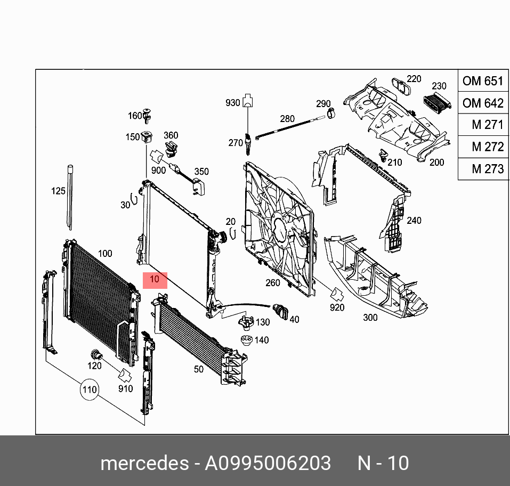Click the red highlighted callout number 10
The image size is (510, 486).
coord(155,280)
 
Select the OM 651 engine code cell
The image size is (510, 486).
coord(483,81)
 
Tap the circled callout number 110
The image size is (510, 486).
coord(90,390)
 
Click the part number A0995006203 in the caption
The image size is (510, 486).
coord(268,463)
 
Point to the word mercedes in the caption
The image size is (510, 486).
coord(144,463)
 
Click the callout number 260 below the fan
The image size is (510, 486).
coord(273,282)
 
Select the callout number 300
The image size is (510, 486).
coord(370,318)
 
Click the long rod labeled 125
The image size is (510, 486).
coord(70,197)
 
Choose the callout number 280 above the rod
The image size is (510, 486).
coord(287,118)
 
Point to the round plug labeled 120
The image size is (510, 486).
coord(96,353)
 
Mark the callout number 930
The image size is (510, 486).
coord(233,103)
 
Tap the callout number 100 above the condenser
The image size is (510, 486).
coord(105,254)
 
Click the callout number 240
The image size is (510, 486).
coord(414,220)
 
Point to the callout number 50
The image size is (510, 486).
coord(198,369)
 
